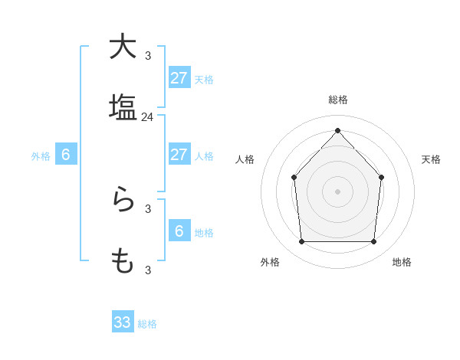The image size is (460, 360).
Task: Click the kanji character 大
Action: click(x=123, y=47)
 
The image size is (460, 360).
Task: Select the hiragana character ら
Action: click(x=123, y=200)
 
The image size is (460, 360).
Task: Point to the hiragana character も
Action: click(x=123, y=261)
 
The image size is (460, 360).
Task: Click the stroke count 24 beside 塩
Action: click(x=147, y=117)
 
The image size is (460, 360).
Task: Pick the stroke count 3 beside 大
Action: click(x=148, y=56)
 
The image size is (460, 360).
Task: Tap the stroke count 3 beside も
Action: click(x=148, y=270)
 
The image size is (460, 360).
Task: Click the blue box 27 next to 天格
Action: click(x=179, y=78)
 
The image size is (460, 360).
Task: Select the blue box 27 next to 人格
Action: click(x=179, y=155)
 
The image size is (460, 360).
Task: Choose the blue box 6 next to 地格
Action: click(x=179, y=231)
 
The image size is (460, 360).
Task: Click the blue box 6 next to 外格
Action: click(x=66, y=155)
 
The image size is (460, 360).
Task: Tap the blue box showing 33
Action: click(x=123, y=322)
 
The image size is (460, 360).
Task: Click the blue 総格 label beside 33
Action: click(x=147, y=324)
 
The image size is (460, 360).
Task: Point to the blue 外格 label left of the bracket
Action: click(x=41, y=156)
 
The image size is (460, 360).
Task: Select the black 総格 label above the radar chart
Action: click(x=338, y=100)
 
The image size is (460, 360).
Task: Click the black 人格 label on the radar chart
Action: click(x=245, y=159)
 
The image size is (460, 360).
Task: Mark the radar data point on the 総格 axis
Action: click(x=337, y=130)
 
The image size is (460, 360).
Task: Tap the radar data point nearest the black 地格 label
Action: click(x=374, y=242)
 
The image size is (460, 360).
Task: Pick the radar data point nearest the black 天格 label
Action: click(x=381, y=178)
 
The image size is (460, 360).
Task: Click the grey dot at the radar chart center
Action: click(x=337, y=191)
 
